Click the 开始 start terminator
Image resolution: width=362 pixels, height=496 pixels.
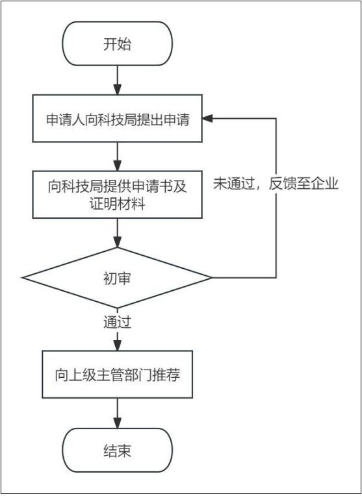tap(118, 43)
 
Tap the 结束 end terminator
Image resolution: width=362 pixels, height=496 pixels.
tap(118, 450)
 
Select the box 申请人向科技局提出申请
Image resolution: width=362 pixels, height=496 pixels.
tap(118, 118)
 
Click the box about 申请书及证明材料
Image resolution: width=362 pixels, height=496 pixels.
tap(118, 195)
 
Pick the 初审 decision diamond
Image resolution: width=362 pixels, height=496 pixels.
tap(117, 278)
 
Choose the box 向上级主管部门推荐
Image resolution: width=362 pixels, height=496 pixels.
tap(118, 374)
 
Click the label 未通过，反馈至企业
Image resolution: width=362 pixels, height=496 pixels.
tap(276, 184)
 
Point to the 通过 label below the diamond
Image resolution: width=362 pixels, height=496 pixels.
tap(118, 323)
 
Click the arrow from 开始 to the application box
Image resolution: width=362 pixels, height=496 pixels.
tap(118, 80)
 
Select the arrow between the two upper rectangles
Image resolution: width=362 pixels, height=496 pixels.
tap(118, 156)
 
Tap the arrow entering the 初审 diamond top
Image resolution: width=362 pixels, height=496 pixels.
tap(118, 233)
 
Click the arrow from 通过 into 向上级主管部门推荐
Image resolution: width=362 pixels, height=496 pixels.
tap(118, 340)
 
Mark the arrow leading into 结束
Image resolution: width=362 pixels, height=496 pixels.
tap(118, 413)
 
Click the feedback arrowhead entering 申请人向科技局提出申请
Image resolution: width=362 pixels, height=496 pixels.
tap(207, 118)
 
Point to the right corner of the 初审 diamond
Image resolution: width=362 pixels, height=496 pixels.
tap(212, 278)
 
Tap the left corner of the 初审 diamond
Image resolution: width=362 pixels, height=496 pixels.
tap(22, 278)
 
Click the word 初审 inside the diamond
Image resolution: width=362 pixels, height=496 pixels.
tap(117, 279)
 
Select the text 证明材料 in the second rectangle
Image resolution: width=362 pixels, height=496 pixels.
tap(118, 204)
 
